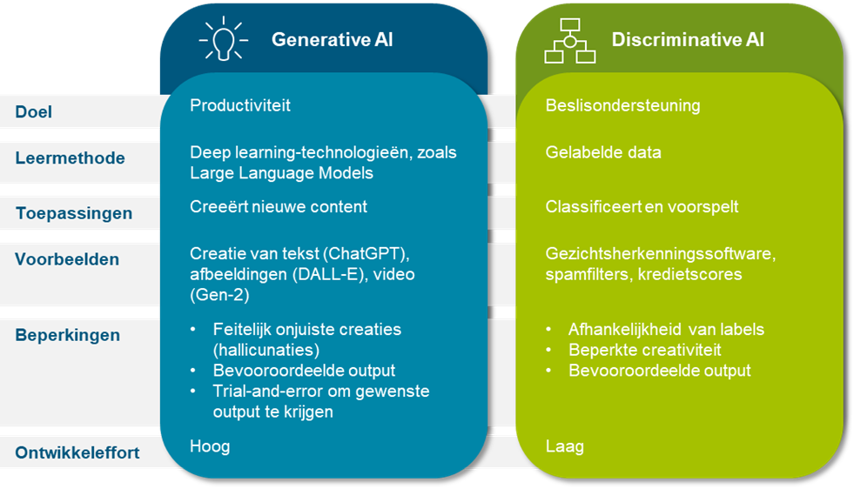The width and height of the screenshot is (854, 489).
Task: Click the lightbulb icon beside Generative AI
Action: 224,40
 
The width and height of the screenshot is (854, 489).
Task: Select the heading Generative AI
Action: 333,40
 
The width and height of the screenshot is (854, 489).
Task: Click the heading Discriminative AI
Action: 688,40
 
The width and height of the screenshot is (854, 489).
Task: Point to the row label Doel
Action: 34,112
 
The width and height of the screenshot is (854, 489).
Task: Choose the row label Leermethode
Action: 70,158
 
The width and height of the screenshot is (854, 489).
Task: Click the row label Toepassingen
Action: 74,213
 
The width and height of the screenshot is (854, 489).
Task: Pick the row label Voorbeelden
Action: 67,259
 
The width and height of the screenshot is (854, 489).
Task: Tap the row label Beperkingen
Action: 68,335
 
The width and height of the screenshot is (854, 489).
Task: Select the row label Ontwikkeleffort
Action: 77,452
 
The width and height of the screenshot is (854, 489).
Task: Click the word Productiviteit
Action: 240,105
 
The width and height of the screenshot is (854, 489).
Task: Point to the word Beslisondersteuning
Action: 622,105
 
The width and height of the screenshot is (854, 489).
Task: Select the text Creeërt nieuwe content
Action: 279,207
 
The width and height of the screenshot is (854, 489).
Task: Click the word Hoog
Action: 210,446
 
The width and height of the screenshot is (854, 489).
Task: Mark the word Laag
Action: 564,446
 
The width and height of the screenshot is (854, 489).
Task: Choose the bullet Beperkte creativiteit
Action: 644,350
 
